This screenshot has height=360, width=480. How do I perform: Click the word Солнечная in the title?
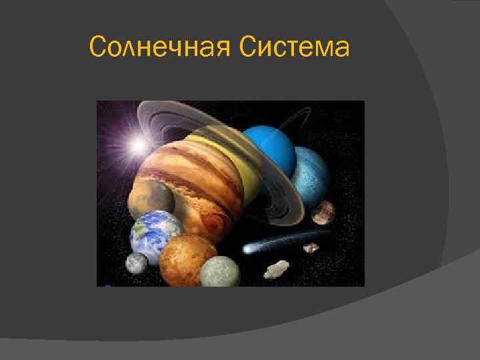point(159,48)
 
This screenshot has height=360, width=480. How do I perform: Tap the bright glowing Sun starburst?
point(139,144)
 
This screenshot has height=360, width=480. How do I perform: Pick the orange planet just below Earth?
point(187,259)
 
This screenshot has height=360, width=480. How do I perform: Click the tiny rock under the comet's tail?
point(311,248)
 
